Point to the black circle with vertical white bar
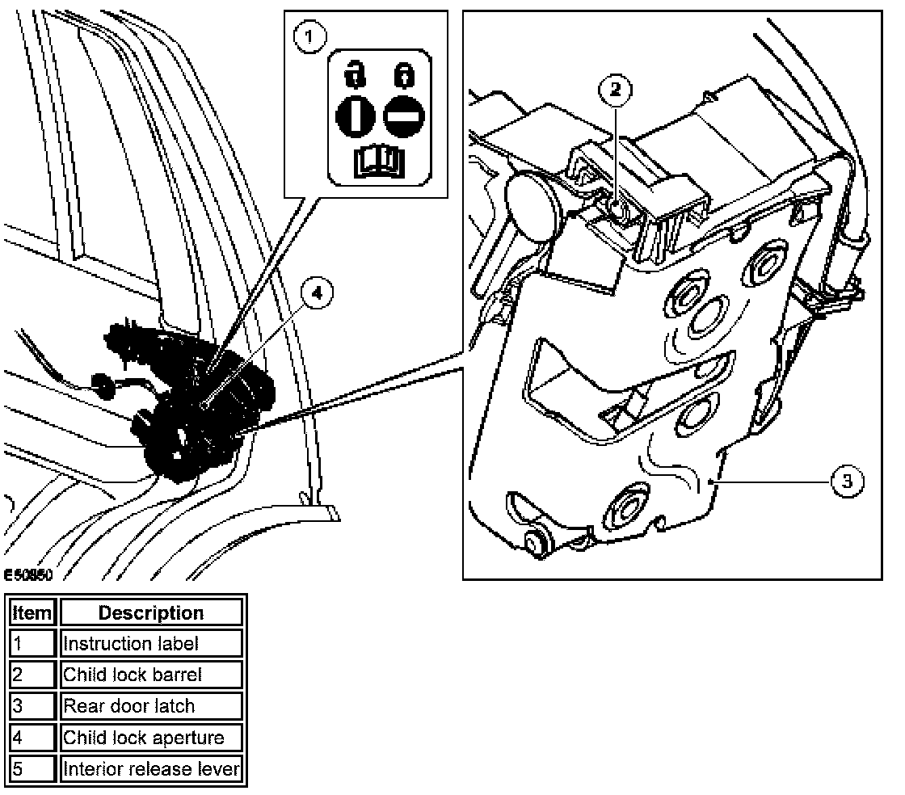tap(356, 116)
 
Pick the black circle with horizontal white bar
tap(400, 116)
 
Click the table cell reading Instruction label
tap(151, 644)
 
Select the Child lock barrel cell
tap(151, 675)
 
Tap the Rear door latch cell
tap(151, 706)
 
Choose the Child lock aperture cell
tap(151, 737)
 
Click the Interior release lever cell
tap(151, 768)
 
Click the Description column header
tap(151, 612)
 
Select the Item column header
tap(32, 612)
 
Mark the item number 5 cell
tap(32, 768)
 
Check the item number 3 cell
tap(32, 706)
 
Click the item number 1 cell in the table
tap(32, 644)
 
